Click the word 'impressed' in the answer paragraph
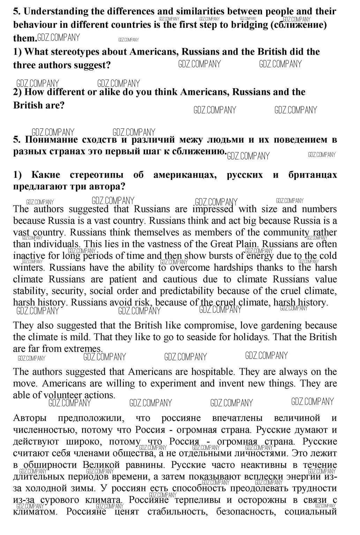pos(212,209)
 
